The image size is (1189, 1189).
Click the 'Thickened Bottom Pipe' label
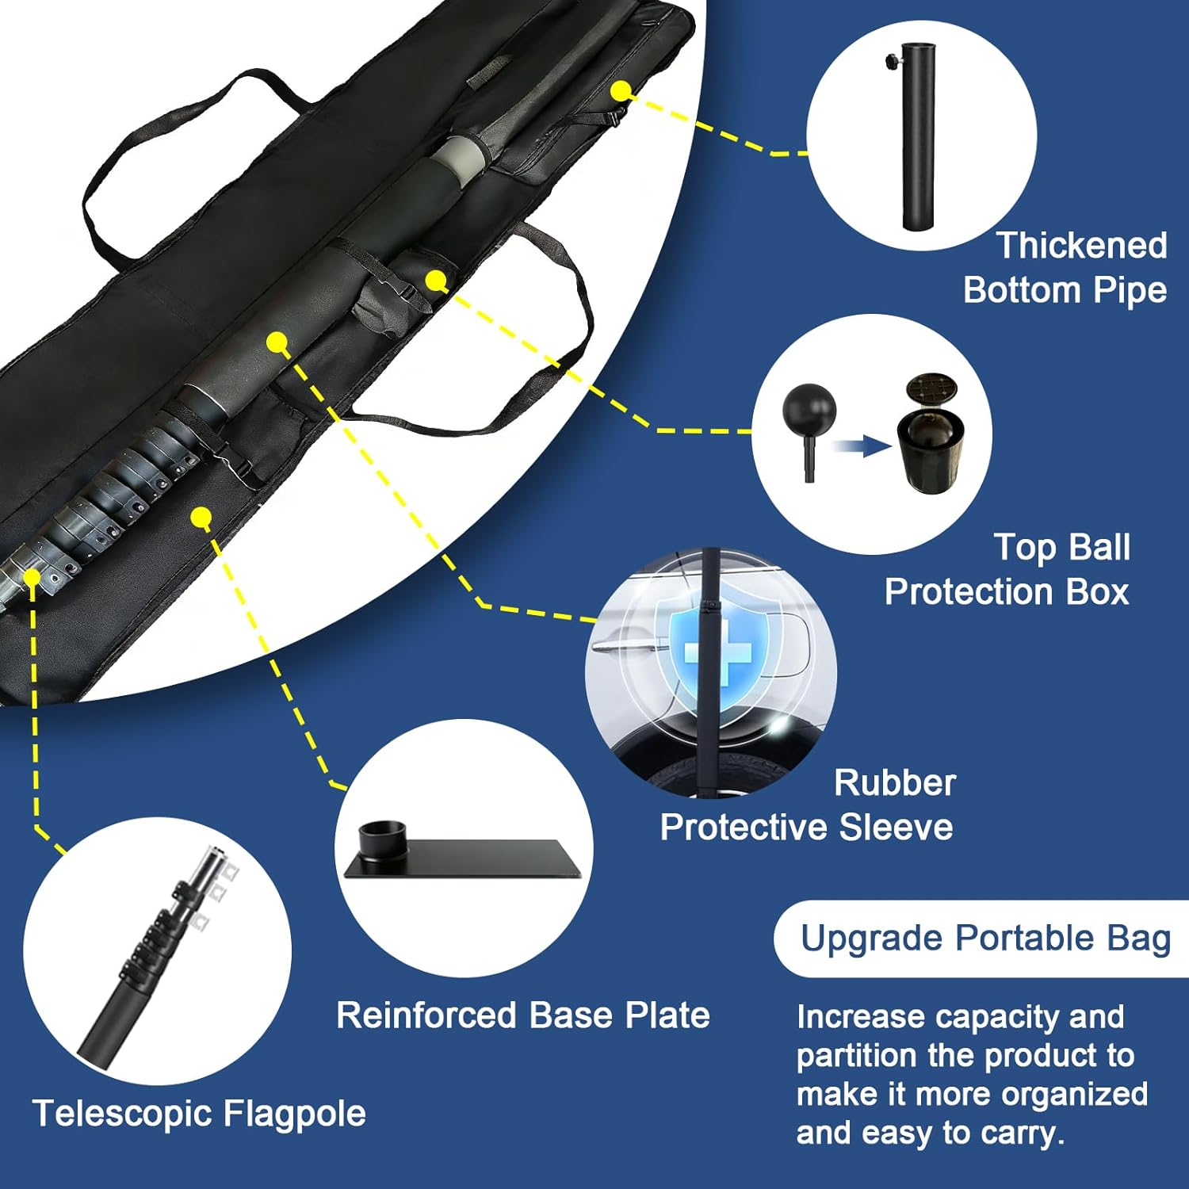pyautogui.click(x=1065, y=268)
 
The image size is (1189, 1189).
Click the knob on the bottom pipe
pyautogui.click(x=891, y=61)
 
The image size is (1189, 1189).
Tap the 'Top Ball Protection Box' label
pyautogui.click(x=1007, y=570)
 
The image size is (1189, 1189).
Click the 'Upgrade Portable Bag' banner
pyautogui.click(x=984, y=939)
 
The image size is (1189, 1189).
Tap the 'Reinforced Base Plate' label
pyautogui.click(x=522, y=1015)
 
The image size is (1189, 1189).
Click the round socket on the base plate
pyautogui.click(x=383, y=838)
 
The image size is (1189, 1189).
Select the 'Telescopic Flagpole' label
pyautogui.click(x=199, y=1114)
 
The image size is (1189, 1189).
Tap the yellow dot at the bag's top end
pyautogui.click(x=621, y=90)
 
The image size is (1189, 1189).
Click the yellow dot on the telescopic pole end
pyautogui.click(x=32, y=576)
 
